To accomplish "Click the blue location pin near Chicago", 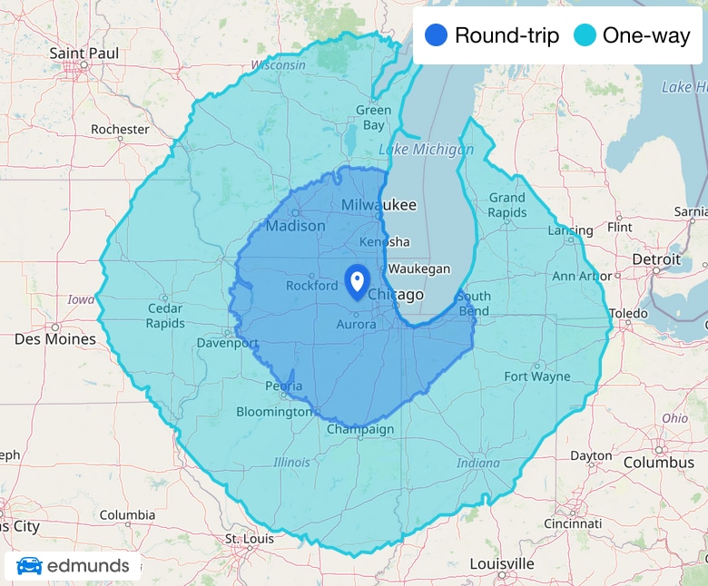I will [357, 280].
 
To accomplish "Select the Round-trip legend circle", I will [437, 36].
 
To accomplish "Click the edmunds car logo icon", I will [29, 566].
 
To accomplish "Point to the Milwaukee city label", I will [378, 206].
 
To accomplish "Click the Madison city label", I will [295, 225].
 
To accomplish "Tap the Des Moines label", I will [55, 338].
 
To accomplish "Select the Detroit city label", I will [655, 259].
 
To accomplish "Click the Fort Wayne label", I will [537, 376].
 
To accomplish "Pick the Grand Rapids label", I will [507, 205].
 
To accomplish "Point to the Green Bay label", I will [373, 117].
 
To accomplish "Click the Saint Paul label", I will [80, 54].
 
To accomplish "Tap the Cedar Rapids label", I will [165, 316].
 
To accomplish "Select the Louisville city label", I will [501, 563].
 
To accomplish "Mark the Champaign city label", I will [360, 429].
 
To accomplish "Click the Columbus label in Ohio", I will [658, 463].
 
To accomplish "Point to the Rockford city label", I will [311, 285].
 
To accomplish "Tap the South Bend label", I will [474, 304].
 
